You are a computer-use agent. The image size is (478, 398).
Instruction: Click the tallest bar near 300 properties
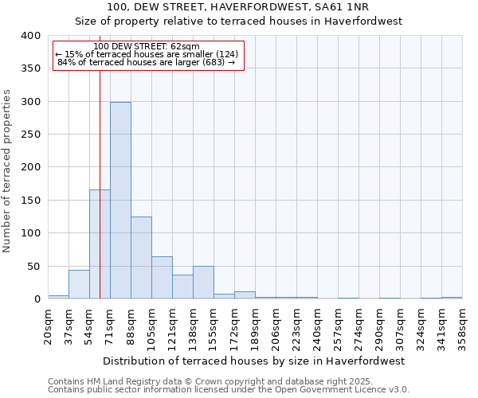pos(120,201)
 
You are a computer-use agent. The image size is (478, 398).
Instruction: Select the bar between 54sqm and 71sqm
pos(100,244)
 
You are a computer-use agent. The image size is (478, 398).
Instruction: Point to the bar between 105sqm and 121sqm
pos(162,278)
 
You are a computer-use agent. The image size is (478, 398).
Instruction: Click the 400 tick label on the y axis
pos(30,36)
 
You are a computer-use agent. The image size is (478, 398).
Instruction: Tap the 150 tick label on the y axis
pos(30,201)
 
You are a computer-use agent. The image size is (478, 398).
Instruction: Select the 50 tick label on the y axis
pos(33,267)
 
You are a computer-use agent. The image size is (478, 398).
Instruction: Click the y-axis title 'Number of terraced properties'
pos(7,171)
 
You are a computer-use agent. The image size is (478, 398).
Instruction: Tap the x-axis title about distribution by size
pos(254,361)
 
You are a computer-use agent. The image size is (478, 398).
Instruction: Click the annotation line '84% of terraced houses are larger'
pos(147,62)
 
